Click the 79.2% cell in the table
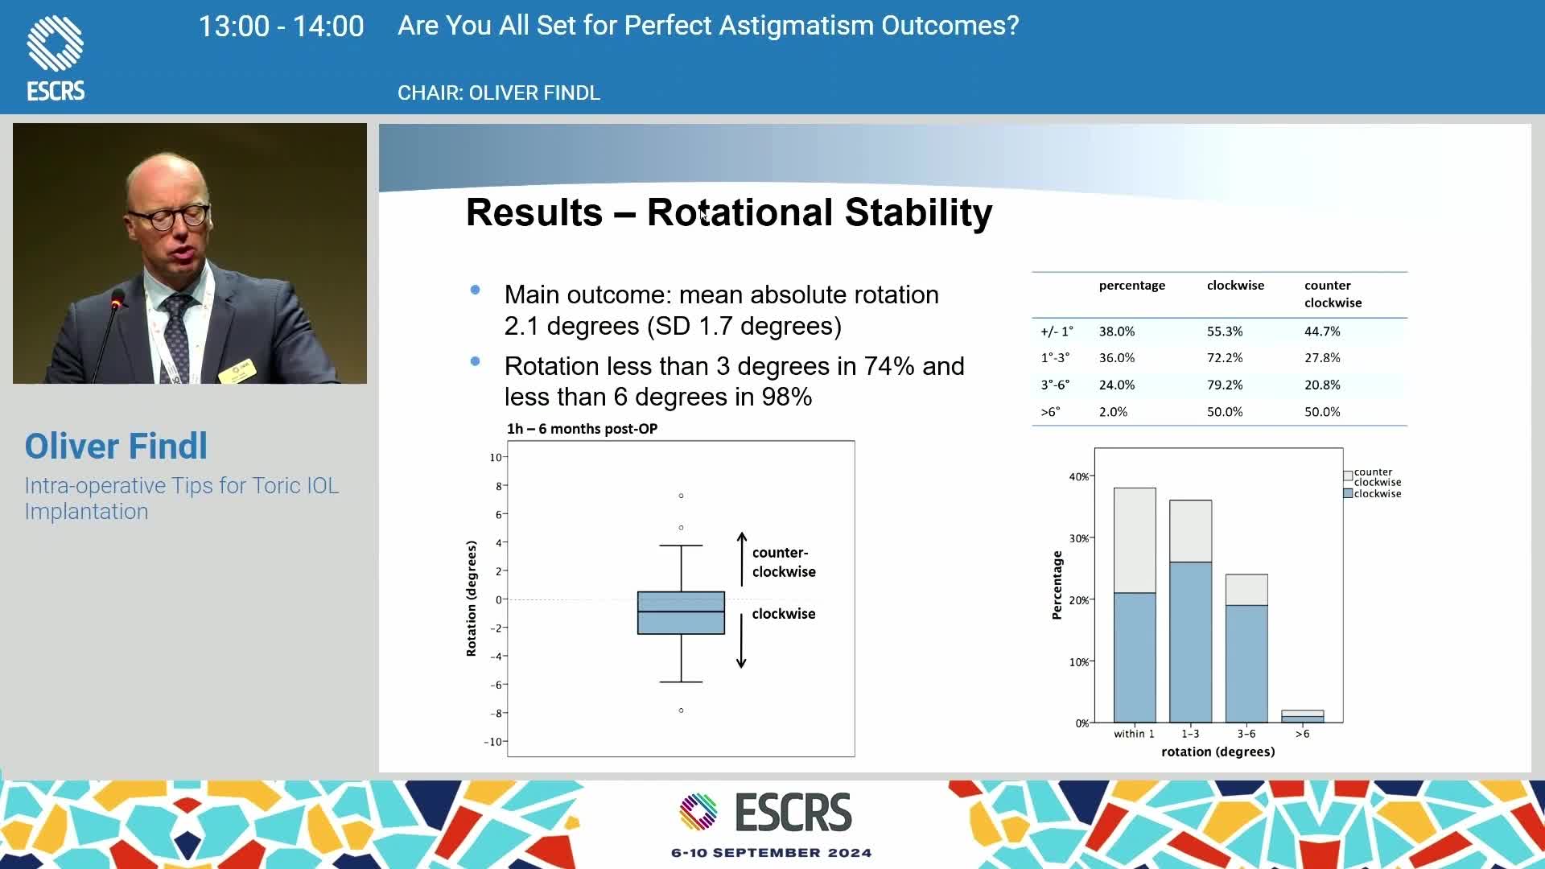tap(1225, 385)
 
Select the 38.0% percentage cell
tap(1117, 332)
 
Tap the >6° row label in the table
tap(1050, 412)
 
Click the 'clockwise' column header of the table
tap(1235, 286)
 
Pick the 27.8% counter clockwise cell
tap(1322, 358)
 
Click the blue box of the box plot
tap(681, 613)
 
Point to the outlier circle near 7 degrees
tap(681, 496)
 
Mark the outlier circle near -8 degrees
tap(681, 710)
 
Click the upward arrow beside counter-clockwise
tap(742, 559)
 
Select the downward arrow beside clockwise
tap(741, 640)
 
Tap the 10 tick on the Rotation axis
tap(495, 458)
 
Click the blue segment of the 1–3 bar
tap(1190, 642)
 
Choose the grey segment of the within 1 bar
tap(1135, 541)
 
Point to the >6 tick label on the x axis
tap(1302, 734)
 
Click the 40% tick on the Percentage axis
tap(1078, 477)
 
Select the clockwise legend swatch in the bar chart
tap(1348, 494)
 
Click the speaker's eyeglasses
tap(171, 217)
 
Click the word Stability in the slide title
tap(918, 213)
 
